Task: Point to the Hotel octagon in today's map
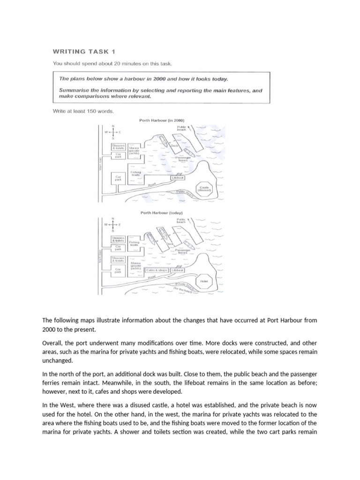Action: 204,281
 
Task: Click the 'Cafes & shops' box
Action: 157,270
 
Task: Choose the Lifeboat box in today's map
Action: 178,270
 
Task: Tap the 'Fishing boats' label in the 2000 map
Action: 135,173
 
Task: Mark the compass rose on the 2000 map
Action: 112,132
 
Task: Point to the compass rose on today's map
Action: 112,224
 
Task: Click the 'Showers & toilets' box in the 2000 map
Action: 118,147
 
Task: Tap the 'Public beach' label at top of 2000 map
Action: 182,128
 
